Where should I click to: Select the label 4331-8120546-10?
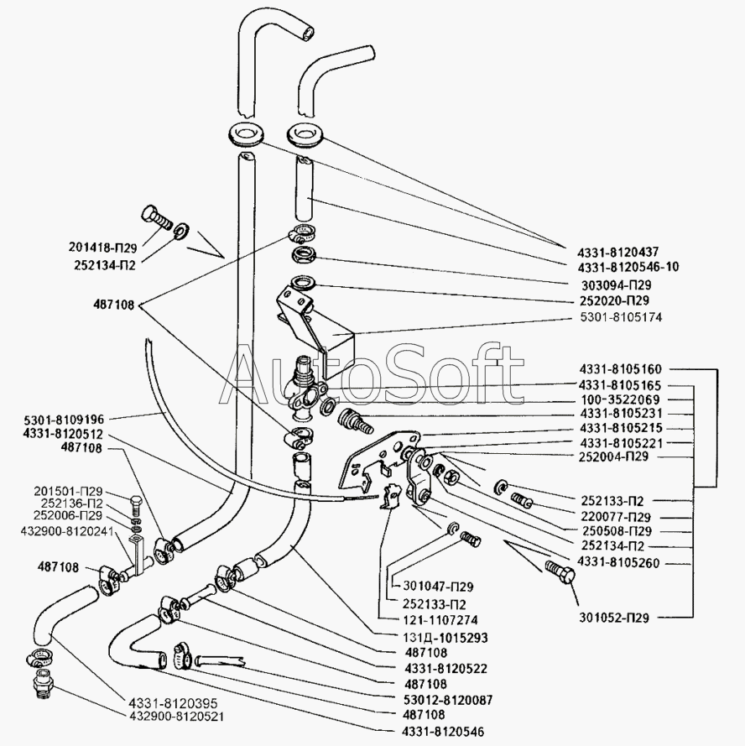point(629,266)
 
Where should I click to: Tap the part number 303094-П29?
point(619,284)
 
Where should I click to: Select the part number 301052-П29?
point(617,618)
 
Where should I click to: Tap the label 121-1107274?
point(434,620)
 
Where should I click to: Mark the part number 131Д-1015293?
point(440,637)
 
